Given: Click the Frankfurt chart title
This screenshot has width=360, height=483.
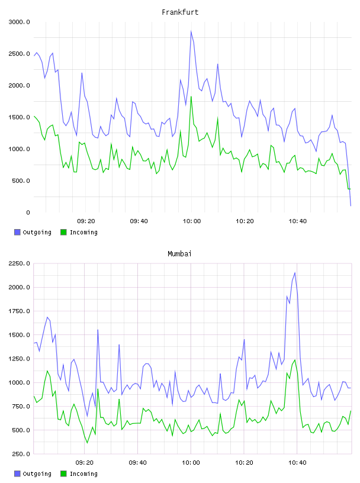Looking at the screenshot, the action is pos(180,12).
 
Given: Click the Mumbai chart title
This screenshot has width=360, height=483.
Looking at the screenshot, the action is pos(179,254).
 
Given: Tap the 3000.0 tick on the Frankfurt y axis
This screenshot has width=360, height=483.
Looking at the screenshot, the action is pos(19,22).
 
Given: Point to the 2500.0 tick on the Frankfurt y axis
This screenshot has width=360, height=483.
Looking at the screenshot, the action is pos(19,54).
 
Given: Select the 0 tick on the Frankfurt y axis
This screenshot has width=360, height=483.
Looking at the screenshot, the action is pos(28,212).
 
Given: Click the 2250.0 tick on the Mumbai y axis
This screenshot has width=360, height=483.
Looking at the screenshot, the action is pos(19,263).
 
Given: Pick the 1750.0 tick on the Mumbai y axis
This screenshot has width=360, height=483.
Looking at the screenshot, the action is pos(19,311).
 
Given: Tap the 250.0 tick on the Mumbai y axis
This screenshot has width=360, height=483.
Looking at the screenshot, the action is pos(21,454).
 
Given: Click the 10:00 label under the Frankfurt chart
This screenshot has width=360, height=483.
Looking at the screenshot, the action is pos(192,221).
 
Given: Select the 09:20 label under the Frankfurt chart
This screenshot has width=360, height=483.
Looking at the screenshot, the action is pos(86,221).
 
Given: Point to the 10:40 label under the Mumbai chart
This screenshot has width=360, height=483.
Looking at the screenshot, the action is pos(297,463).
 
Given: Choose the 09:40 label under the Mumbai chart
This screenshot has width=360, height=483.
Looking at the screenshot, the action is pos(138,463).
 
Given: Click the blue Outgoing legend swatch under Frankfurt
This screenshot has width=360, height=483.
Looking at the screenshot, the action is pos(17,232).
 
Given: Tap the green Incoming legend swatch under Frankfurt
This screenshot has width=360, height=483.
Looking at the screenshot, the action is pos(63,232).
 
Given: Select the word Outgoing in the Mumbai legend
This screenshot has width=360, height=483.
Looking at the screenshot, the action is pos(37,474).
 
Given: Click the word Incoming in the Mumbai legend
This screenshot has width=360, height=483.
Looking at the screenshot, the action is pos(83,474).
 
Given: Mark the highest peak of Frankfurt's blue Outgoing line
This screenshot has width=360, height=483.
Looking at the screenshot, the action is pos(191,31).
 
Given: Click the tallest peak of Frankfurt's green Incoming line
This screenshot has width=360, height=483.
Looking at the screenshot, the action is pos(191,96).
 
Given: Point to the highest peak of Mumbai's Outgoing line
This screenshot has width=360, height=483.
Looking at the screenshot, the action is pos(295,273).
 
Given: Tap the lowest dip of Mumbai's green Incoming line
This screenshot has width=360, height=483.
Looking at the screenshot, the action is pos(87,443).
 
